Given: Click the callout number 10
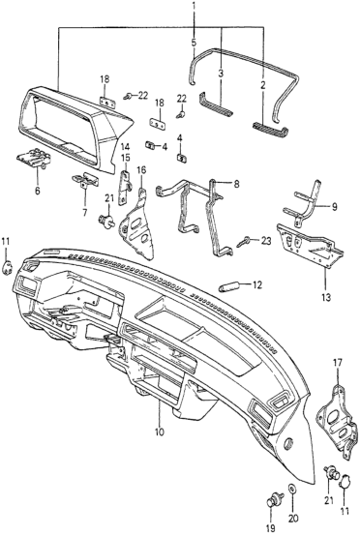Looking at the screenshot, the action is point(160,432).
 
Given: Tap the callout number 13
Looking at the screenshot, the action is point(326,297).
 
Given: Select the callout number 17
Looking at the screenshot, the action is point(338,363).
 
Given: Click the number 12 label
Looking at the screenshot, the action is point(257,284).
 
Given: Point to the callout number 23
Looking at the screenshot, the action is point(265,241).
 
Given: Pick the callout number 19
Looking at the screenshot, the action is point(271,528).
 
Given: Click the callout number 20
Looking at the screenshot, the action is point(293,519).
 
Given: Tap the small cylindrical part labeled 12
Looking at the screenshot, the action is point(227,286).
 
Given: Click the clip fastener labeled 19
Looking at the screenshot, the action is point(274,498).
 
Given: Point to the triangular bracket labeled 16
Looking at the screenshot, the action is point(136,225).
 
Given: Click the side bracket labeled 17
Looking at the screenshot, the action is point(338,422).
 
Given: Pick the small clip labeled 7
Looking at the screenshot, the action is point(85,179).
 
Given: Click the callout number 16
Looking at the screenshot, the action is point(141,170).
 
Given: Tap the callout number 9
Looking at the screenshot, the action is point(334,206).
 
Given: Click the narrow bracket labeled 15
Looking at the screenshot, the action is point(124,188).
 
